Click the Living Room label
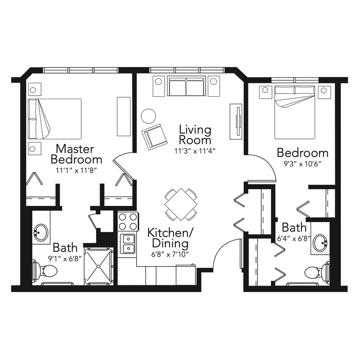[195, 134]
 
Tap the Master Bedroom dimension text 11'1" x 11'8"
[76, 171]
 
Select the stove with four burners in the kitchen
[128, 222]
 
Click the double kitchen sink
[128, 244]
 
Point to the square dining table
[181, 204]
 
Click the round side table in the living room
[148, 116]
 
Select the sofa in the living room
[186, 86]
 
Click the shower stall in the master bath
[99, 266]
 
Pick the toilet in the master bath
[45, 271]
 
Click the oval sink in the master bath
[41, 232]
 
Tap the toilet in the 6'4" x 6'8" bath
[317, 272]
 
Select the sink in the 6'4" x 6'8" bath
[321, 243]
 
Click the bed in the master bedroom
[55, 119]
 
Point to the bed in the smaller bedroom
[295, 112]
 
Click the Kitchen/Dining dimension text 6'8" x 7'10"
[170, 255]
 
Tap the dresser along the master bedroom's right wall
[124, 116]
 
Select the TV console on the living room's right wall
[236, 121]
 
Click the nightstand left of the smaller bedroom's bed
[265, 92]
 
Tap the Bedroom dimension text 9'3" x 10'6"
[302, 164]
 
